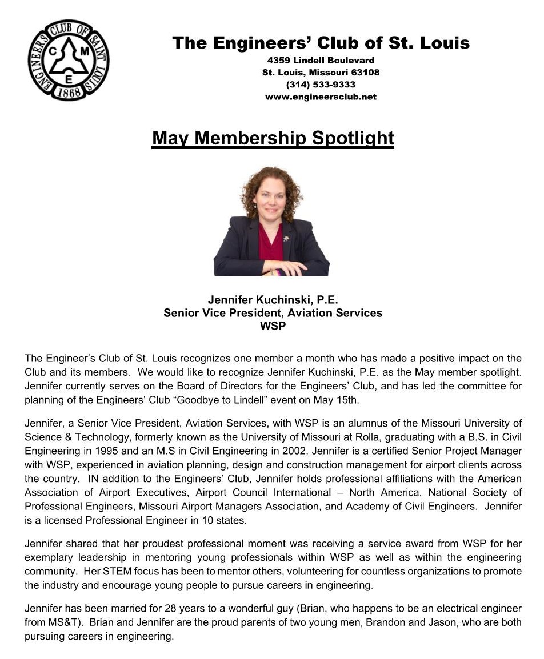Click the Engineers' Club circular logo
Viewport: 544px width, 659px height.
click(68, 59)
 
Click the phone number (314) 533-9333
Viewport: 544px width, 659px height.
click(321, 85)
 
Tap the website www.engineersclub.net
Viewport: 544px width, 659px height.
click(321, 97)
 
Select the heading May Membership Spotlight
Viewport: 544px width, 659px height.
click(273, 138)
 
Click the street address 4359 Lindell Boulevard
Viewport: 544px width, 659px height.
click(321, 61)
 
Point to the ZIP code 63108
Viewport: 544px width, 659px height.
click(366, 73)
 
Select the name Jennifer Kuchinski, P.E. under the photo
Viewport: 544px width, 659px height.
click(274, 300)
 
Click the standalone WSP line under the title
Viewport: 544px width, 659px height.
click(273, 326)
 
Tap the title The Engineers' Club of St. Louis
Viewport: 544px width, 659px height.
click(321, 43)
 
